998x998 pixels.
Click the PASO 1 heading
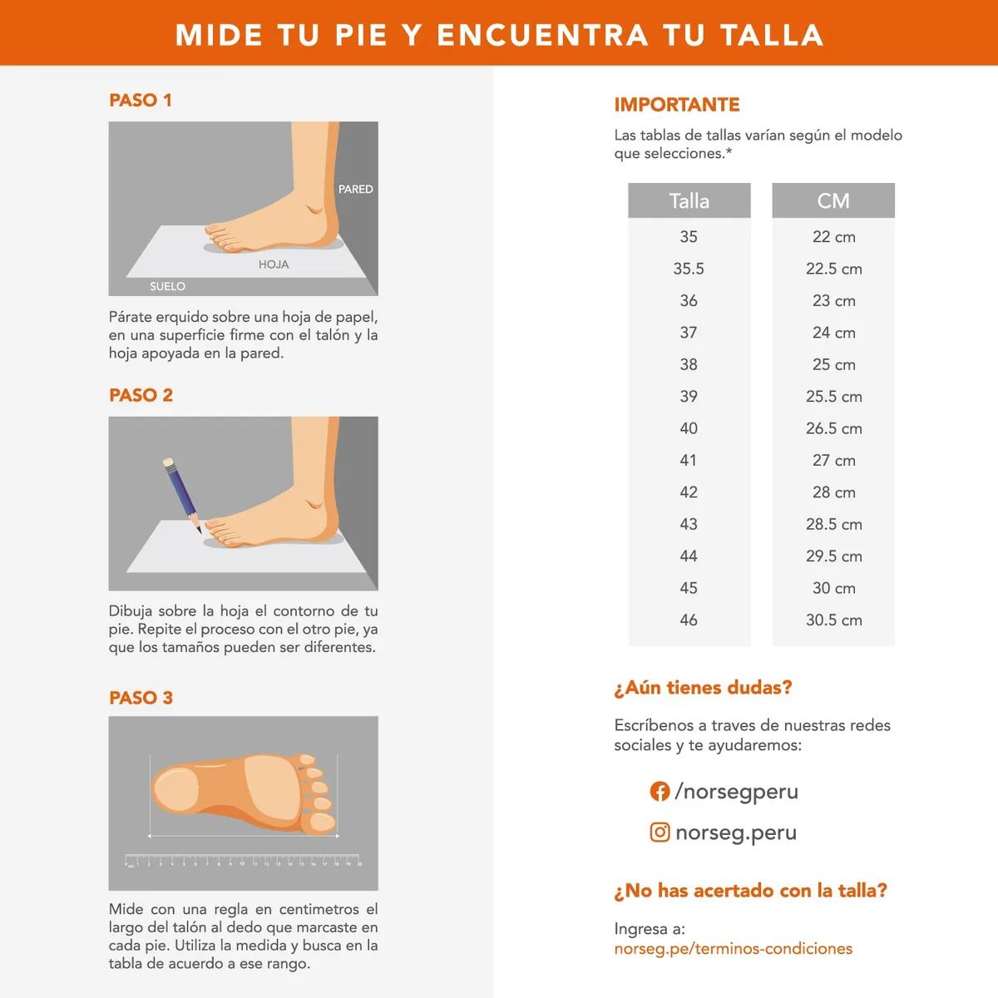pos(140,100)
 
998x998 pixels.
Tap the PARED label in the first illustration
pos(355,190)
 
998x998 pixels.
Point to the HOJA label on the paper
pos(273,264)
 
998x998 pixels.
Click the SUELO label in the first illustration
pos(167,286)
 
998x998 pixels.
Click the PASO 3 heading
pos(141,698)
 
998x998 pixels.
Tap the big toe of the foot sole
pos(319,823)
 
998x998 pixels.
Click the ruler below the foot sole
pos(243,860)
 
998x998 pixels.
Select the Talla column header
pos(689,201)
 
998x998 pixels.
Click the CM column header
pos(833,201)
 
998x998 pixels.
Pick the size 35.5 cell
pos(689,269)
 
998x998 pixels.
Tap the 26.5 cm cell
pos(833,428)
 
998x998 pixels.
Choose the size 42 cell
pos(689,492)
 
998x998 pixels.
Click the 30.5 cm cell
pos(833,620)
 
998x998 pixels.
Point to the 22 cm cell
pos(833,237)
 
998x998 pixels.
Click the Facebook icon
pos(660,792)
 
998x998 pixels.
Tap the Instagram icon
pos(660,832)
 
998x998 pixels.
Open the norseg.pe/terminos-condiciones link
pos(733,949)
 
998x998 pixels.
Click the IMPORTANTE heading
pos(676,105)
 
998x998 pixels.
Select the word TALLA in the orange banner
pos(771,35)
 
